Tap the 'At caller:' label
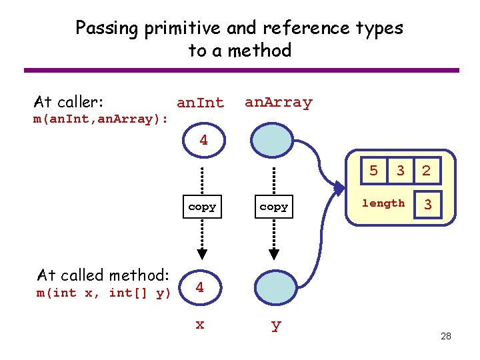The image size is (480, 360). tap(69, 102)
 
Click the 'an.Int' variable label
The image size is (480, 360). tap(200, 103)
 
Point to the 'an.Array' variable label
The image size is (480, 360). tap(278, 103)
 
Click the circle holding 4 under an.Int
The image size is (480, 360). tap(203, 141)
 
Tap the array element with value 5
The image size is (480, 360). tap(374, 171)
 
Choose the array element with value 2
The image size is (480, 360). tap(427, 171)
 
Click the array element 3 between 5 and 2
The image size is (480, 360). tap(400, 171)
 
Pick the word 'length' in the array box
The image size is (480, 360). tap(383, 203)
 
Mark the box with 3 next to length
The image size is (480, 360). tap(428, 205)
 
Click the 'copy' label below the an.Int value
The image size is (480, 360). tap(202, 207)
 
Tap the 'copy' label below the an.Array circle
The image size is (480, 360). tap(274, 207)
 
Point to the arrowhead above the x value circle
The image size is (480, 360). tap(202, 254)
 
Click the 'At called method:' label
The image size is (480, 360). tap(103, 275)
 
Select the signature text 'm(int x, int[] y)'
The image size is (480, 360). tap(103, 293)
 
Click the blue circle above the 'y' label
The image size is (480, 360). tap(273, 288)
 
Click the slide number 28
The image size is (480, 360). tap(446, 336)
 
